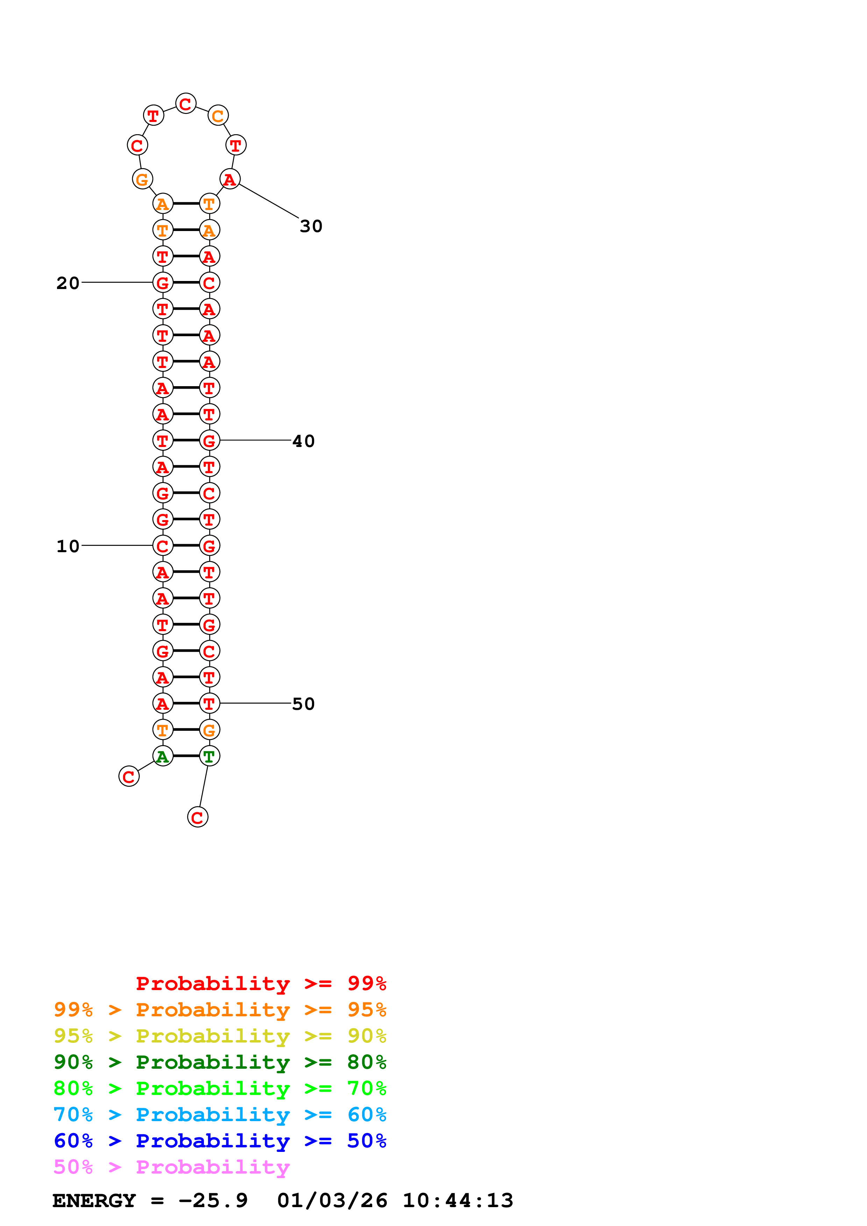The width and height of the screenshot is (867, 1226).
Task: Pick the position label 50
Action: tap(304, 704)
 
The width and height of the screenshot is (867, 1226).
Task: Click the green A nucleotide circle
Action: tap(163, 756)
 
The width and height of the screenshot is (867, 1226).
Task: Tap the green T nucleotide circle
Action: tap(209, 756)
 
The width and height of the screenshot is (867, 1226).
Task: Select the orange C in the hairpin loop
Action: tap(218, 115)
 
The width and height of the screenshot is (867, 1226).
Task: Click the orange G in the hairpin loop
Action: tap(142, 179)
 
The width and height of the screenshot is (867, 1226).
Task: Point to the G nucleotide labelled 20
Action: tap(163, 282)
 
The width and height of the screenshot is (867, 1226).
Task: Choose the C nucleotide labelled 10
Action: tap(163, 546)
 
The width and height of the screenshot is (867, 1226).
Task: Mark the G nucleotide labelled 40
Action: tap(209, 440)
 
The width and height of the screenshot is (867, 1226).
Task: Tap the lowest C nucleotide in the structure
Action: tap(198, 817)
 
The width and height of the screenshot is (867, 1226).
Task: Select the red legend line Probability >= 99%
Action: tap(261, 983)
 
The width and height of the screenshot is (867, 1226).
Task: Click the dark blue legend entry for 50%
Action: tap(220, 1141)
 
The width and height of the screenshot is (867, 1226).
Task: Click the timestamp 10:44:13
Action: tap(458, 1201)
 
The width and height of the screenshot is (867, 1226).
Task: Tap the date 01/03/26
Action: tap(332, 1201)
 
